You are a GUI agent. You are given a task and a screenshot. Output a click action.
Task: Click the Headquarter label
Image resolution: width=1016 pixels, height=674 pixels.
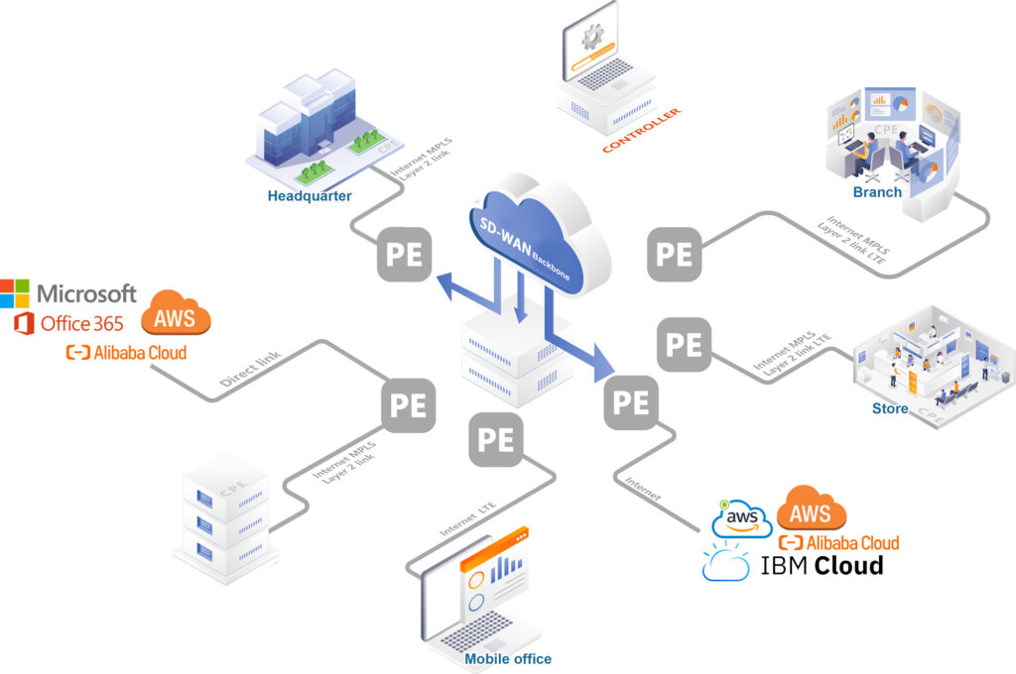[x=309, y=195]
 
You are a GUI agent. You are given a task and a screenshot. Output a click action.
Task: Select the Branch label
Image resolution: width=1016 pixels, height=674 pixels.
[x=877, y=191]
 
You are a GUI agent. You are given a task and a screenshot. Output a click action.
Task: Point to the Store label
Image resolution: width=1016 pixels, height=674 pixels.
[x=889, y=408]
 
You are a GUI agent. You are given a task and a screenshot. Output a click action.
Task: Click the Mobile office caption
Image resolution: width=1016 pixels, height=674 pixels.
[x=508, y=658]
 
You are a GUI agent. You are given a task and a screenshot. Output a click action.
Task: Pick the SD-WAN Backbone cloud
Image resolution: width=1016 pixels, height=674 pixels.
[x=537, y=237]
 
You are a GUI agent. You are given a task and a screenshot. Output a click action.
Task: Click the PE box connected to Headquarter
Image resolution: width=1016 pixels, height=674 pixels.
[x=405, y=253]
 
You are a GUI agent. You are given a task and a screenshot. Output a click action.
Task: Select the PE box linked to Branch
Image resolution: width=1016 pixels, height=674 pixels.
[x=675, y=253]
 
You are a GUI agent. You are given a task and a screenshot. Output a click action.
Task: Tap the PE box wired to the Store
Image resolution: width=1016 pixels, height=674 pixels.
[x=684, y=344]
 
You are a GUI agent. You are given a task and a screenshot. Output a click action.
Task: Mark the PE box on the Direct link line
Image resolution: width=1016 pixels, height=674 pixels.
[x=408, y=405]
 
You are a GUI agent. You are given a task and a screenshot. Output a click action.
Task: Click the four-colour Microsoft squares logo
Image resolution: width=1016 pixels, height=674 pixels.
[x=15, y=293]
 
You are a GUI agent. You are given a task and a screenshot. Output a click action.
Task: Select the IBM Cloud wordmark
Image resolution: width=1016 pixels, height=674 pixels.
[x=821, y=566]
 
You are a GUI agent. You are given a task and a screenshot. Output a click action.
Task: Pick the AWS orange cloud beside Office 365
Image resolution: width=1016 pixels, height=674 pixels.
[x=176, y=315]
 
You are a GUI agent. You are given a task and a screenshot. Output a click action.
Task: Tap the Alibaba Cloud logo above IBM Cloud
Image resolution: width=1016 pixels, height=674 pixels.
[x=838, y=542]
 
